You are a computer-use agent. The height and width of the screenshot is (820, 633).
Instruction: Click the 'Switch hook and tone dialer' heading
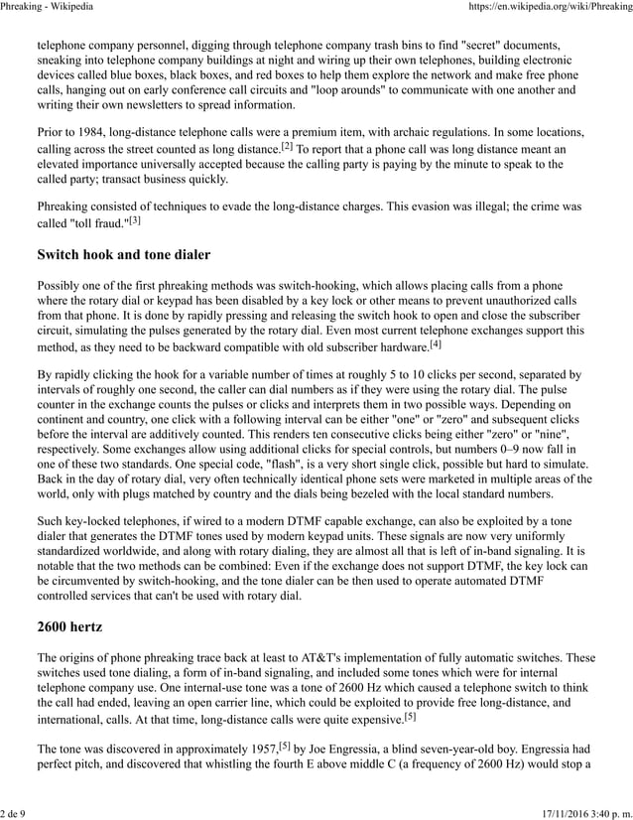123,255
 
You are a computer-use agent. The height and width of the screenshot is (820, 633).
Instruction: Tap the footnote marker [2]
287,145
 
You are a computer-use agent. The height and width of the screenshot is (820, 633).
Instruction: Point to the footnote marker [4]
435,343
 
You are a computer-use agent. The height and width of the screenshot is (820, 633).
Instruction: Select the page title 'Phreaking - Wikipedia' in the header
48,8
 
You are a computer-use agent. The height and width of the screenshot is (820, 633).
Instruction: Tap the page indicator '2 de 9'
14,813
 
